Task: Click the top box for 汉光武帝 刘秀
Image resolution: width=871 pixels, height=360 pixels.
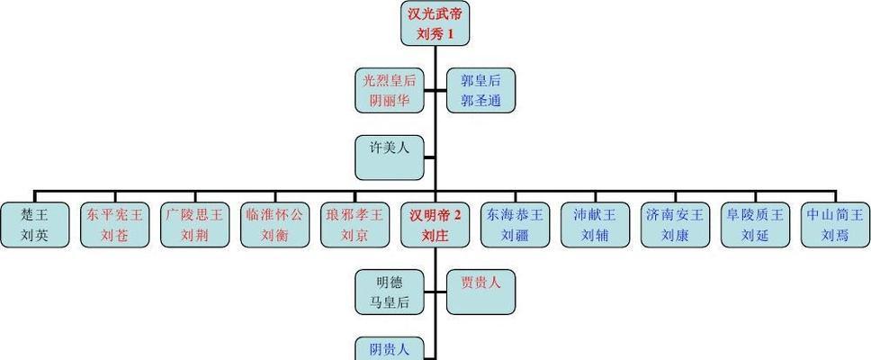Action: tap(435, 23)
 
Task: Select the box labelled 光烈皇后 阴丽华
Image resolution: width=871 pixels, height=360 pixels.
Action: tap(390, 91)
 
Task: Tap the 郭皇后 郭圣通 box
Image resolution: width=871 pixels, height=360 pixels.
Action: tap(481, 91)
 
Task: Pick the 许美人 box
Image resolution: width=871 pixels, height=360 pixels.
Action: tap(390, 158)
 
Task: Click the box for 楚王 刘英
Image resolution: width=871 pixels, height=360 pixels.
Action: tap(35, 225)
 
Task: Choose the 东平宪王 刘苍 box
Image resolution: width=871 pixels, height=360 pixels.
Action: tap(115, 225)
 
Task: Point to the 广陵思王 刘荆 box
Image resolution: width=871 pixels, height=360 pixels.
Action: tap(195, 225)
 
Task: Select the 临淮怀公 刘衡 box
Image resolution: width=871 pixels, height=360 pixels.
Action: tap(275, 225)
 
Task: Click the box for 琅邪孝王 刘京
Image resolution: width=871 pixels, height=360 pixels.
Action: tap(355, 225)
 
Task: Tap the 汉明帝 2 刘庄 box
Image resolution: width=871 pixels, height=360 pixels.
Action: tap(435, 225)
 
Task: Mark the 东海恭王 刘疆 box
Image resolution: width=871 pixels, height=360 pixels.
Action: tap(515, 225)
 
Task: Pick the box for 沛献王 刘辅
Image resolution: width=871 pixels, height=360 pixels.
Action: tap(595, 225)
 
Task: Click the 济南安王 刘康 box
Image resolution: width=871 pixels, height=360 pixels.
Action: tap(675, 225)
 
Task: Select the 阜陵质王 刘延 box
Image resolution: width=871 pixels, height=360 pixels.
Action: tap(755, 225)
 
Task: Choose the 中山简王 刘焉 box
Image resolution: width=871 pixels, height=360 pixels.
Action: tap(835, 225)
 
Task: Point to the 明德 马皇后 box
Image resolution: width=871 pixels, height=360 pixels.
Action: tap(390, 292)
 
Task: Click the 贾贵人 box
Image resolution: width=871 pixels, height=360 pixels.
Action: tap(481, 292)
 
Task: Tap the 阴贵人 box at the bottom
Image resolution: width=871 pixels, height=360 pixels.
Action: tap(390, 349)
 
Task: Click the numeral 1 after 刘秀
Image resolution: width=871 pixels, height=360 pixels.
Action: tap(451, 34)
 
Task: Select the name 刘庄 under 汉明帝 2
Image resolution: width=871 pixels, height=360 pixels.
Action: tap(435, 236)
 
